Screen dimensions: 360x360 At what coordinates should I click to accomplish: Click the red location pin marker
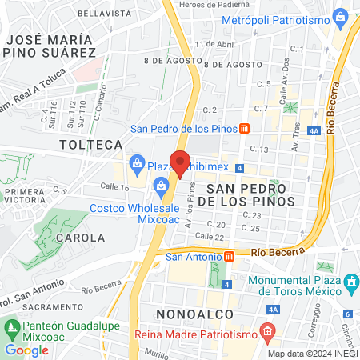pyautogui.click(x=180, y=163)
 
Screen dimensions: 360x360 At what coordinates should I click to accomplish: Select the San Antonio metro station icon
pyautogui.click(x=230, y=256)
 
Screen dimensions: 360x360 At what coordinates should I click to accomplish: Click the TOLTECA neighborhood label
pyautogui.click(x=91, y=145)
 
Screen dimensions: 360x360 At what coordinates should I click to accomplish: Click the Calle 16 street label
pyautogui.click(x=114, y=186)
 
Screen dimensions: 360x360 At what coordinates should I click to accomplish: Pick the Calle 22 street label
pyautogui.click(x=209, y=236)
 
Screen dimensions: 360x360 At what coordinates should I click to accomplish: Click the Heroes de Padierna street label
pyautogui.click(x=215, y=5)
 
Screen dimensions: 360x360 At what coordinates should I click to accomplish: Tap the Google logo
pyautogui.click(x=26, y=350)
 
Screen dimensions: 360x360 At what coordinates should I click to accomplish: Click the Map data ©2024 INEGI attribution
pyautogui.click(x=312, y=354)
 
